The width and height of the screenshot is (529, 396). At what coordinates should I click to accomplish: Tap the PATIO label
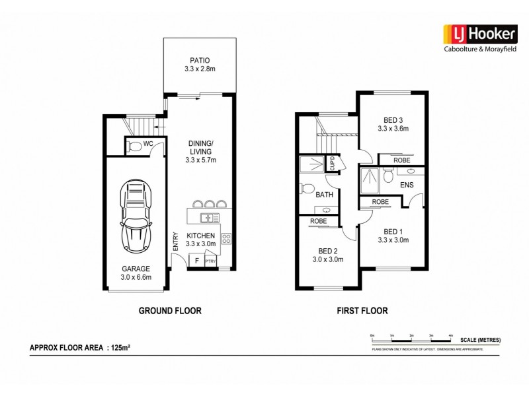199,59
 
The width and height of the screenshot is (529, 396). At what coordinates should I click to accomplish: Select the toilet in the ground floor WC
136,146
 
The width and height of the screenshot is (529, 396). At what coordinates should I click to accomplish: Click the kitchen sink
210,217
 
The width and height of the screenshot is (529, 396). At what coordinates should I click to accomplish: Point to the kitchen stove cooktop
225,238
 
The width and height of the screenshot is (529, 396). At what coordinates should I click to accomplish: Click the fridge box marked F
196,261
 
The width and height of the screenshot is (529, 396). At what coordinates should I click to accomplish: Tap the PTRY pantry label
211,262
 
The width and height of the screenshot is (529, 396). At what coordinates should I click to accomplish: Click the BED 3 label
393,120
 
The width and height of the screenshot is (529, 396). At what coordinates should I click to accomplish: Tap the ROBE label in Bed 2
319,221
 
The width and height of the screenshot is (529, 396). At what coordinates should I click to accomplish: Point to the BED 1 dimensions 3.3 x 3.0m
393,240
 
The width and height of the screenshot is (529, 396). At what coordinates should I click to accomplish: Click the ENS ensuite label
407,185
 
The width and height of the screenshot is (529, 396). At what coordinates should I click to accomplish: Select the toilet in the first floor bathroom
305,189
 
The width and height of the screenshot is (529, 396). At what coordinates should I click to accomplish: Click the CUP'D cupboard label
333,163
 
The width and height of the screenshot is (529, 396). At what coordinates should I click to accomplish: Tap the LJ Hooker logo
473,34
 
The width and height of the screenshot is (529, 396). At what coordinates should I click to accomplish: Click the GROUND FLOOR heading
169,310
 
